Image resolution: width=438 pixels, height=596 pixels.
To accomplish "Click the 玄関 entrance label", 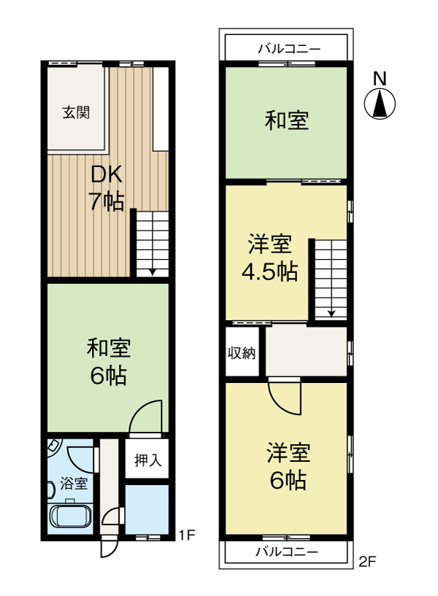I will point(75,113).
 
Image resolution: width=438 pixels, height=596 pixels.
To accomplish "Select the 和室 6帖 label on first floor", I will point(109,362).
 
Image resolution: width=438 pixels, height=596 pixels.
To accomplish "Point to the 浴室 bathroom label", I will point(74,483).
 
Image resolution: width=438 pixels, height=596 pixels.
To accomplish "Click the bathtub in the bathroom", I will point(70,517).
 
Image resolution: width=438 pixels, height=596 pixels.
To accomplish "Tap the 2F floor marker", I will point(366,562).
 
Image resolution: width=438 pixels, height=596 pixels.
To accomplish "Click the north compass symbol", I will point(380,104).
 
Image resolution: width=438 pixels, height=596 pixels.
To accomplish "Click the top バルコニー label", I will point(288,49).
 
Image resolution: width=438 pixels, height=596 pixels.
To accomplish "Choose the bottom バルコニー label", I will point(286,552).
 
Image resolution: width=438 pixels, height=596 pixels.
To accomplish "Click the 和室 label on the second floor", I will point(285,120).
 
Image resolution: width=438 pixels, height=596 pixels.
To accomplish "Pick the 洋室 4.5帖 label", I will point(269,258).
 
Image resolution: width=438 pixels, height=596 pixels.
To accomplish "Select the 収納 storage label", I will point(242,354).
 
